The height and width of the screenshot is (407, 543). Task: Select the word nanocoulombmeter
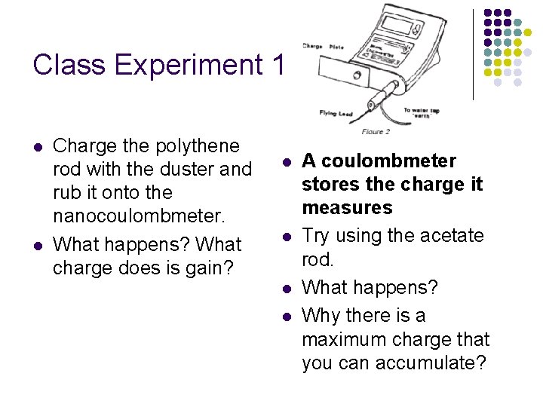pos(139,216)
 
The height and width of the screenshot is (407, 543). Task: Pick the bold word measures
pos(347,207)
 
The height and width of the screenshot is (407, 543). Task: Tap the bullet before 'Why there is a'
pos(287,317)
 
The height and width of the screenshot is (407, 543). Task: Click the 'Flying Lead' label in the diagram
pos(334,114)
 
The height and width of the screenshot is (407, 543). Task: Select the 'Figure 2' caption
pos(376,133)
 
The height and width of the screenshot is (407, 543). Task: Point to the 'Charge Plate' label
pos(323,47)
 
